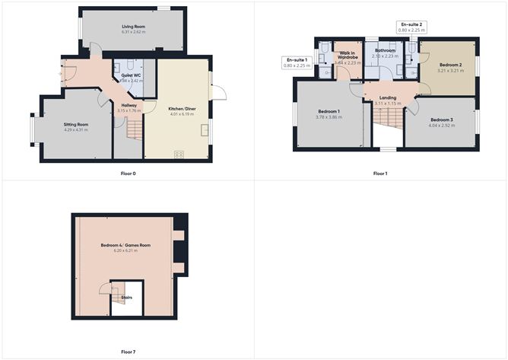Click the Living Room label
pos(133,27)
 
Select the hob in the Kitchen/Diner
pos(179,155)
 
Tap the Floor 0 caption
pos(127,174)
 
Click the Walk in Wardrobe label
pos(349,55)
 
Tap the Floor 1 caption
pos(380,174)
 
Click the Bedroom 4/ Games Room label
pos(125,245)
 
